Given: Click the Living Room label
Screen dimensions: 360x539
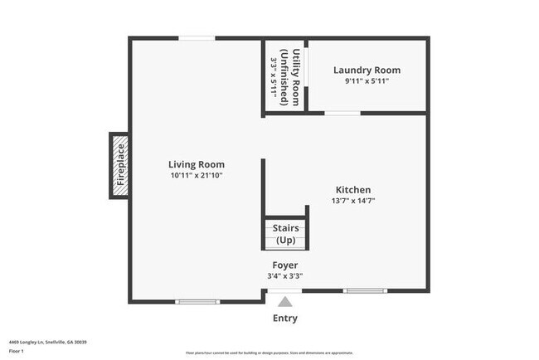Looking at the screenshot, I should click(197, 164).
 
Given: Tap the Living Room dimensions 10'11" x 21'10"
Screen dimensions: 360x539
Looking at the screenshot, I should click(197, 175).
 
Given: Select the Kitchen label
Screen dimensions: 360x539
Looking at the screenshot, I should click(353, 189).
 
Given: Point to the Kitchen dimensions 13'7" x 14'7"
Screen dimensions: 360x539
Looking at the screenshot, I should click(353, 201).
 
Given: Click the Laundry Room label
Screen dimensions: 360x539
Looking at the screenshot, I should click(367, 71).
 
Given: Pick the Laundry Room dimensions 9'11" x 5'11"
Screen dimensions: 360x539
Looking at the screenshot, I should click(367, 81).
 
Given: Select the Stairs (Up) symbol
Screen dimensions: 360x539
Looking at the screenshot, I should click(285, 233).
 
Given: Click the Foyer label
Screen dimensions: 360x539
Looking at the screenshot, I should click(285, 265).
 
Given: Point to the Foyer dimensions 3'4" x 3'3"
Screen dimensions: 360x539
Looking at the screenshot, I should click(285, 276).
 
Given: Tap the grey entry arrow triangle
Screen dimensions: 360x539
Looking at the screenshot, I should click(285, 303).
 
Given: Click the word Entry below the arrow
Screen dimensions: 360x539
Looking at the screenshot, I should click(285, 319).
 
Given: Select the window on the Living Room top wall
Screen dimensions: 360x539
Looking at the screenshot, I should click(197, 37).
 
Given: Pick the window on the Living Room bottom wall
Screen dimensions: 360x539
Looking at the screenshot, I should click(197, 301).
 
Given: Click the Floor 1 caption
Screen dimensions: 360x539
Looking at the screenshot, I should click(17, 351).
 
